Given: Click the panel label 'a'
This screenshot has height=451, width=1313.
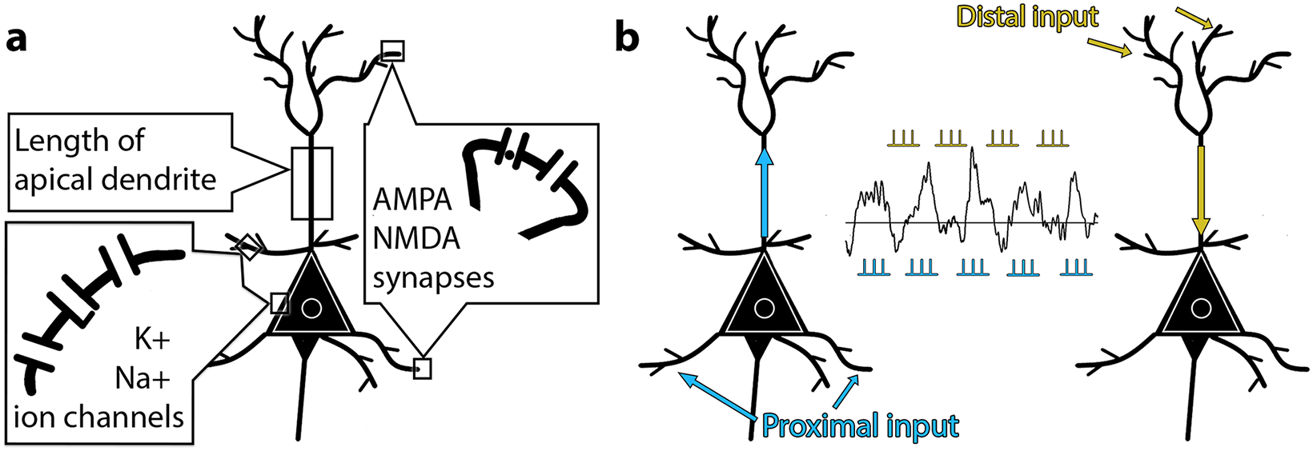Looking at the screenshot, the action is point(16,41).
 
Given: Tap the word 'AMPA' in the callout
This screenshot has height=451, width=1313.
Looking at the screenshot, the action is point(412,201).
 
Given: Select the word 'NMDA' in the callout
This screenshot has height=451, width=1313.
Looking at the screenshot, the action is point(417,238).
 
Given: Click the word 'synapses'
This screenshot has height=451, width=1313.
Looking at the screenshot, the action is point(434,277).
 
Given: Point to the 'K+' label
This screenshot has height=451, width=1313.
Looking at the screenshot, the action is point(152,341).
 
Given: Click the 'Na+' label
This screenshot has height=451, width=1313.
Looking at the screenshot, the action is point(143,379).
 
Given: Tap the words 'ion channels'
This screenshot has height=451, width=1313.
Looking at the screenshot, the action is point(98,417).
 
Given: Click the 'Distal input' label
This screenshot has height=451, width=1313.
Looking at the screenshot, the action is point(1027,17).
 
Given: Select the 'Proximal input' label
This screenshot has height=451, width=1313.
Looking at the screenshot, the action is point(860,426).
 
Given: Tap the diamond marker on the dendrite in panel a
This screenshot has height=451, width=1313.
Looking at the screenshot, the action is point(249,247).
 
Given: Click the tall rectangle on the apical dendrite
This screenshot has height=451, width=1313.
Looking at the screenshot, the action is point(312,183).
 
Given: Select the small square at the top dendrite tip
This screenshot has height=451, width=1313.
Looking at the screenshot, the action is point(392,51).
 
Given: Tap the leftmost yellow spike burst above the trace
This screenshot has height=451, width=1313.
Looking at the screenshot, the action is point(903,138).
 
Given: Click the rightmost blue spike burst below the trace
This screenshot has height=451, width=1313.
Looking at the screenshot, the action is point(1077,268).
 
